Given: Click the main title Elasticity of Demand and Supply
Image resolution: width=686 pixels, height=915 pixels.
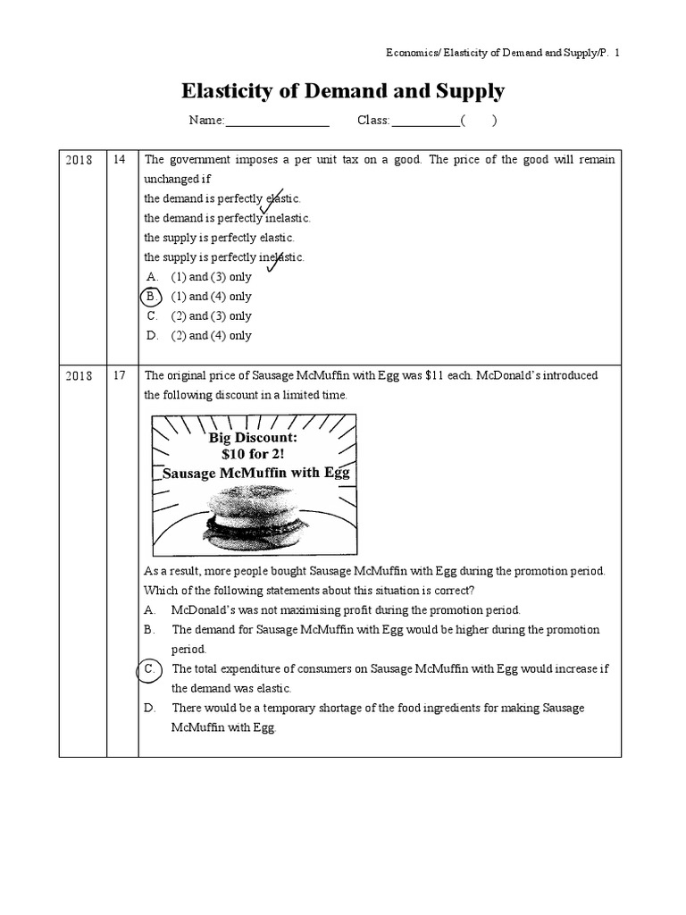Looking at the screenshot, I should click(343, 90).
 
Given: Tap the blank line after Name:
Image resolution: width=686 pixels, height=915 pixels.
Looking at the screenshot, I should click(278, 122).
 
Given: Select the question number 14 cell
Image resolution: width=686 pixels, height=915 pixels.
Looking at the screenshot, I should click(120, 160).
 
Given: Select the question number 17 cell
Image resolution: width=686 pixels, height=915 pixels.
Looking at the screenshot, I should click(120, 375).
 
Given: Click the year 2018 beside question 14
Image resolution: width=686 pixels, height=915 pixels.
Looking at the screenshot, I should click(80, 160).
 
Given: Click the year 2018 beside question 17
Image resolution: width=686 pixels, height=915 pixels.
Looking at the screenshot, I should click(80, 375).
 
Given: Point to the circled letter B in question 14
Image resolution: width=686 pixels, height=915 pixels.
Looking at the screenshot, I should click(152, 297).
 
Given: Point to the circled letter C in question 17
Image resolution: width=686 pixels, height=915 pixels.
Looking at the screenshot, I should click(152, 669).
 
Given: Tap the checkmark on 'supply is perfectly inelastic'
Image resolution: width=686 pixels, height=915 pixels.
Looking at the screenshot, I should click(272, 260).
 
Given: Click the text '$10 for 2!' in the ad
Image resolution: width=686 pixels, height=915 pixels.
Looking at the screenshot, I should click(253, 455).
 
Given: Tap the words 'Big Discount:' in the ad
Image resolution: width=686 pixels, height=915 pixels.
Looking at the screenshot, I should click(253, 439).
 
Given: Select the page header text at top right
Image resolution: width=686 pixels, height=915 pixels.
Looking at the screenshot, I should click(497, 54).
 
